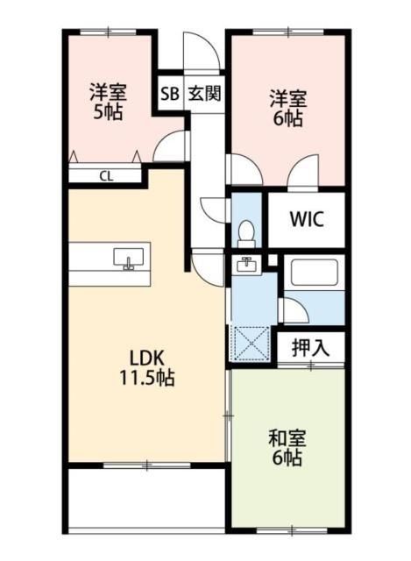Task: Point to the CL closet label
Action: [105, 175]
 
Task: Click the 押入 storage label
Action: [311, 346]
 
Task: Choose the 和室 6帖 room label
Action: [286, 447]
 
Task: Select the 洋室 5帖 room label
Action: [107, 101]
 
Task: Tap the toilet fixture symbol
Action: [246, 232]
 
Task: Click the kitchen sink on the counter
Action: [130, 259]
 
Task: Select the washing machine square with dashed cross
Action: [250, 342]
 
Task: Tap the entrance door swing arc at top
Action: [195, 48]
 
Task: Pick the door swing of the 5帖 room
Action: [174, 146]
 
